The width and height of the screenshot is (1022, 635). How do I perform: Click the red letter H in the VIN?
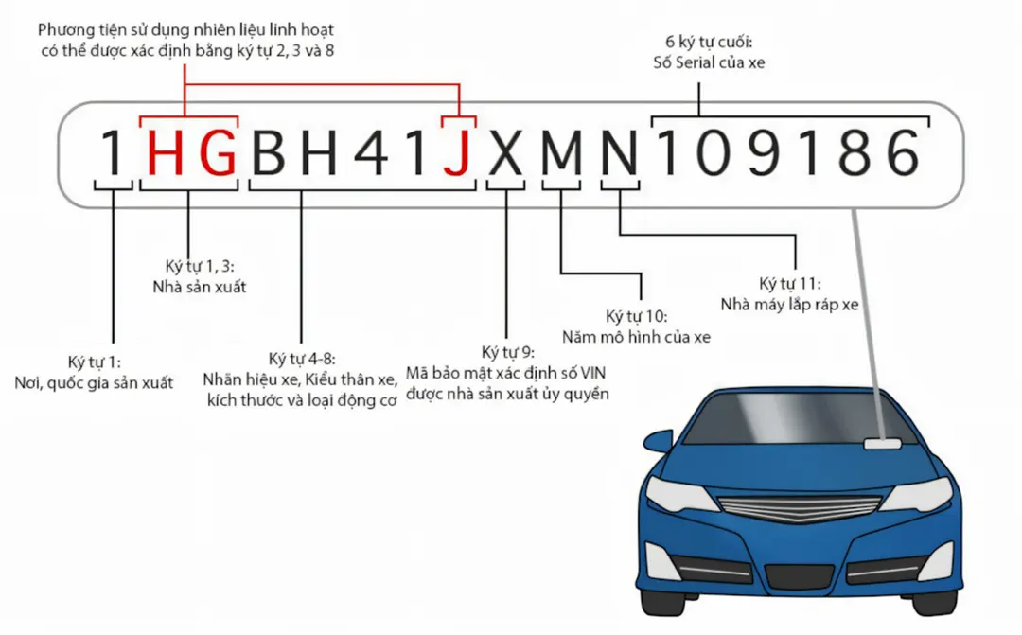(x=165, y=152)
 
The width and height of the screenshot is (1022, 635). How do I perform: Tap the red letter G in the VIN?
(x=217, y=152)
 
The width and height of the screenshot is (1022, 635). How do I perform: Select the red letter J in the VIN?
(x=457, y=152)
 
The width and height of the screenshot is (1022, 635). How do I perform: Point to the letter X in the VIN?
(x=505, y=152)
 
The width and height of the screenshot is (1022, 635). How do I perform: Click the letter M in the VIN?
(x=561, y=152)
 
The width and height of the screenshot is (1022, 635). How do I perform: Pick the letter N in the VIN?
(x=620, y=152)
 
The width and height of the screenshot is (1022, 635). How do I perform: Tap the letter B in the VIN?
(x=269, y=152)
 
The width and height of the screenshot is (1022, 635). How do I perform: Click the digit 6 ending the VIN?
(x=904, y=152)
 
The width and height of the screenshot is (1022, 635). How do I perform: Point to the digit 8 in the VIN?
(x=855, y=152)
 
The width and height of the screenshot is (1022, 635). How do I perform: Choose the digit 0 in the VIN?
(x=714, y=152)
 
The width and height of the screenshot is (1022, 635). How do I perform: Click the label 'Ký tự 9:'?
(x=508, y=353)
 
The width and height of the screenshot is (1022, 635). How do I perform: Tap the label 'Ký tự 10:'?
(x=636, y=317)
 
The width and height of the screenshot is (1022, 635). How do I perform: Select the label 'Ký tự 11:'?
(x=790, y=284)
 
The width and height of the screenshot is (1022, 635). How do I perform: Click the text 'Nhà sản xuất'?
(x=200, y=287)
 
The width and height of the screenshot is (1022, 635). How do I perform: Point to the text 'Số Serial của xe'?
(x=709, y=62)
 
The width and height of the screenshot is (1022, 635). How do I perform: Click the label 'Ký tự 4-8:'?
(x=302, y=360)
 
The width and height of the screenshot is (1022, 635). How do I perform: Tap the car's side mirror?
(x=657, y=440)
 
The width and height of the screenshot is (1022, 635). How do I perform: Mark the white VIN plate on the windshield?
(x=883, y=445)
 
